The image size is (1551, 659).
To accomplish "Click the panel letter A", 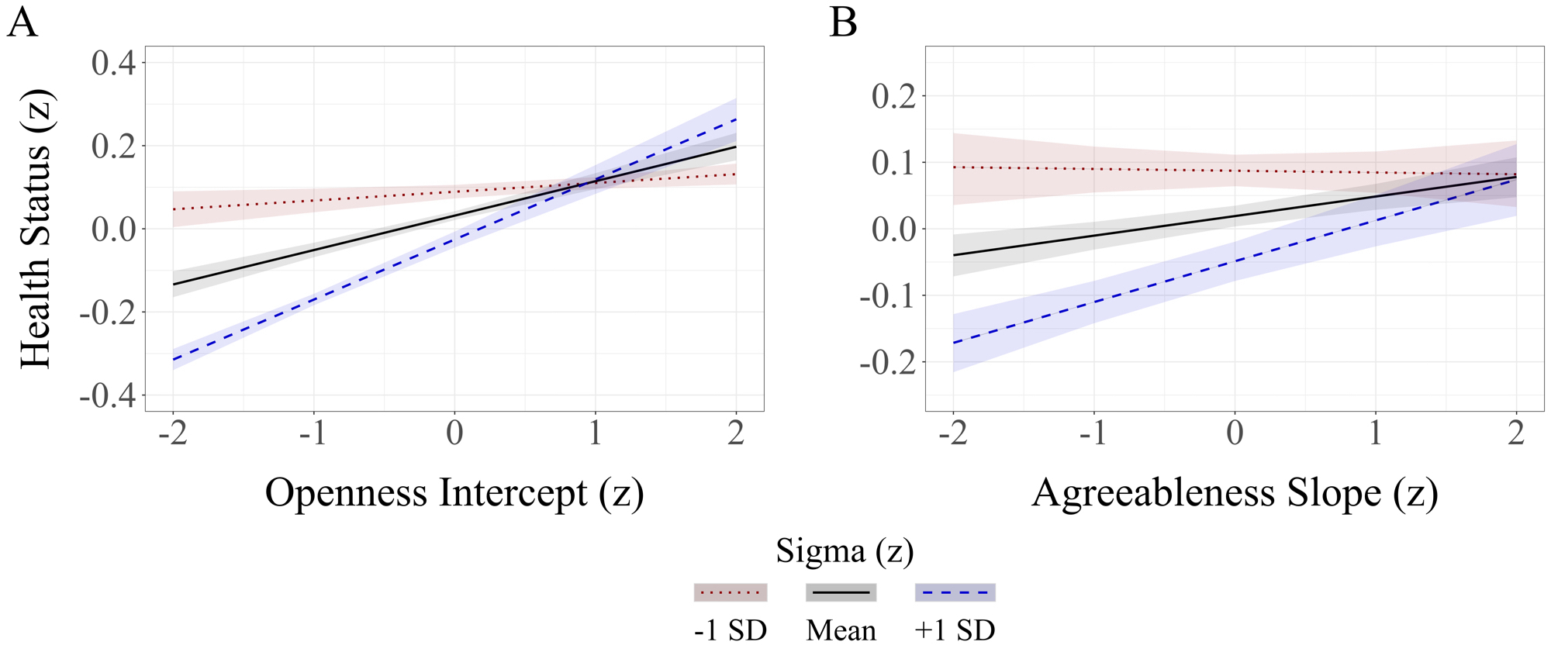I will point(22,22).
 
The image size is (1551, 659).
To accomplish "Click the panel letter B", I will point(843,22).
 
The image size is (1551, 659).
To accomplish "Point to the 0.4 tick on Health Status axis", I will point(113,63).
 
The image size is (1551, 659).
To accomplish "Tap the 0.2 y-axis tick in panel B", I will point(893,96).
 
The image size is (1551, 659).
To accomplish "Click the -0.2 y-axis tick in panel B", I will point(887,362).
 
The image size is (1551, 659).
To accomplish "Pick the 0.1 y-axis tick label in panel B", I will point(893,163).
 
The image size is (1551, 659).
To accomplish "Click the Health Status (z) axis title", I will point(36,229).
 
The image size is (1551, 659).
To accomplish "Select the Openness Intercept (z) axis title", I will point(454,493).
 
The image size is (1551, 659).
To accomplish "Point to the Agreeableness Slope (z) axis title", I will point(1235,493).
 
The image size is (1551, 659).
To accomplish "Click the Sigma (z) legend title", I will point(845,551).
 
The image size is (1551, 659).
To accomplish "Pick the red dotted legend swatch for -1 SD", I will point(731,592).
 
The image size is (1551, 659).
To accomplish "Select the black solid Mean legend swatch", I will point(841,592).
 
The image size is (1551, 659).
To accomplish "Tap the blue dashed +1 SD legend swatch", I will point(955,592).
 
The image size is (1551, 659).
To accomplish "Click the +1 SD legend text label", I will point(955,630).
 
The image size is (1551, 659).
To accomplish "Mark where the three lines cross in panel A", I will point(593,182).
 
